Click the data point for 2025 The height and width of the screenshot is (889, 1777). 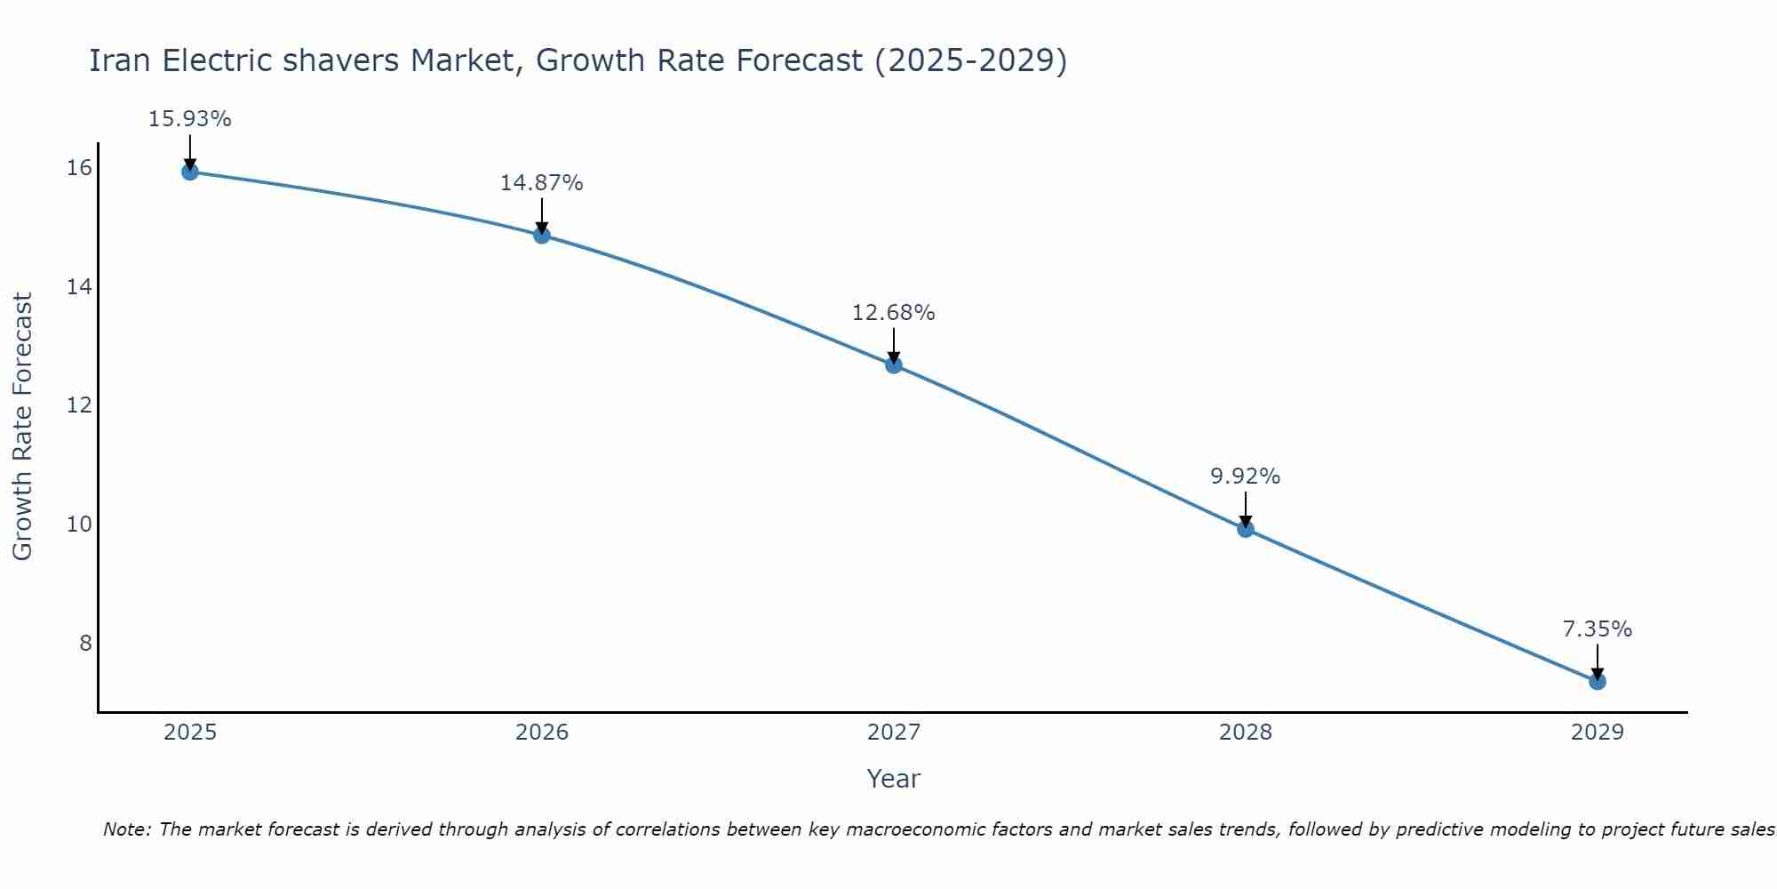(189, 172)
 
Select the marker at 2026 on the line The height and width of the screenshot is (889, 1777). (542, 235)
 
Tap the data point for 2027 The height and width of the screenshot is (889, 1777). (894, 364)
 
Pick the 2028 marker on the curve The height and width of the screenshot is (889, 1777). (1246, 529)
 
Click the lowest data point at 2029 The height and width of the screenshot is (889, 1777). (1597, 681)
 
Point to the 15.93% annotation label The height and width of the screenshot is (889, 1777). (189, 119)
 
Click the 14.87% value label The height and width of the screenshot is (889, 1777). (541, 183)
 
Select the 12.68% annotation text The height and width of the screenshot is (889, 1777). (893, 313)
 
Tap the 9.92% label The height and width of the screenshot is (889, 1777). (1245, 477)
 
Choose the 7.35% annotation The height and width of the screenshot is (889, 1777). (1597, 629)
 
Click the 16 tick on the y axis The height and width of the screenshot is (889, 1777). (79, 168)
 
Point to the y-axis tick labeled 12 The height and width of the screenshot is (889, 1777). (79, 405)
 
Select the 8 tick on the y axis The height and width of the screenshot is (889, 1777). (85, 643)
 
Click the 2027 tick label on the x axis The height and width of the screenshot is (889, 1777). (894, 733)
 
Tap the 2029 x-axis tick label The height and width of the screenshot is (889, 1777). (1597, 733)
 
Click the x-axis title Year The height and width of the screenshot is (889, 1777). (893, 779)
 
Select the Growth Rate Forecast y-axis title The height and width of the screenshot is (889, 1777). (23, 426)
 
